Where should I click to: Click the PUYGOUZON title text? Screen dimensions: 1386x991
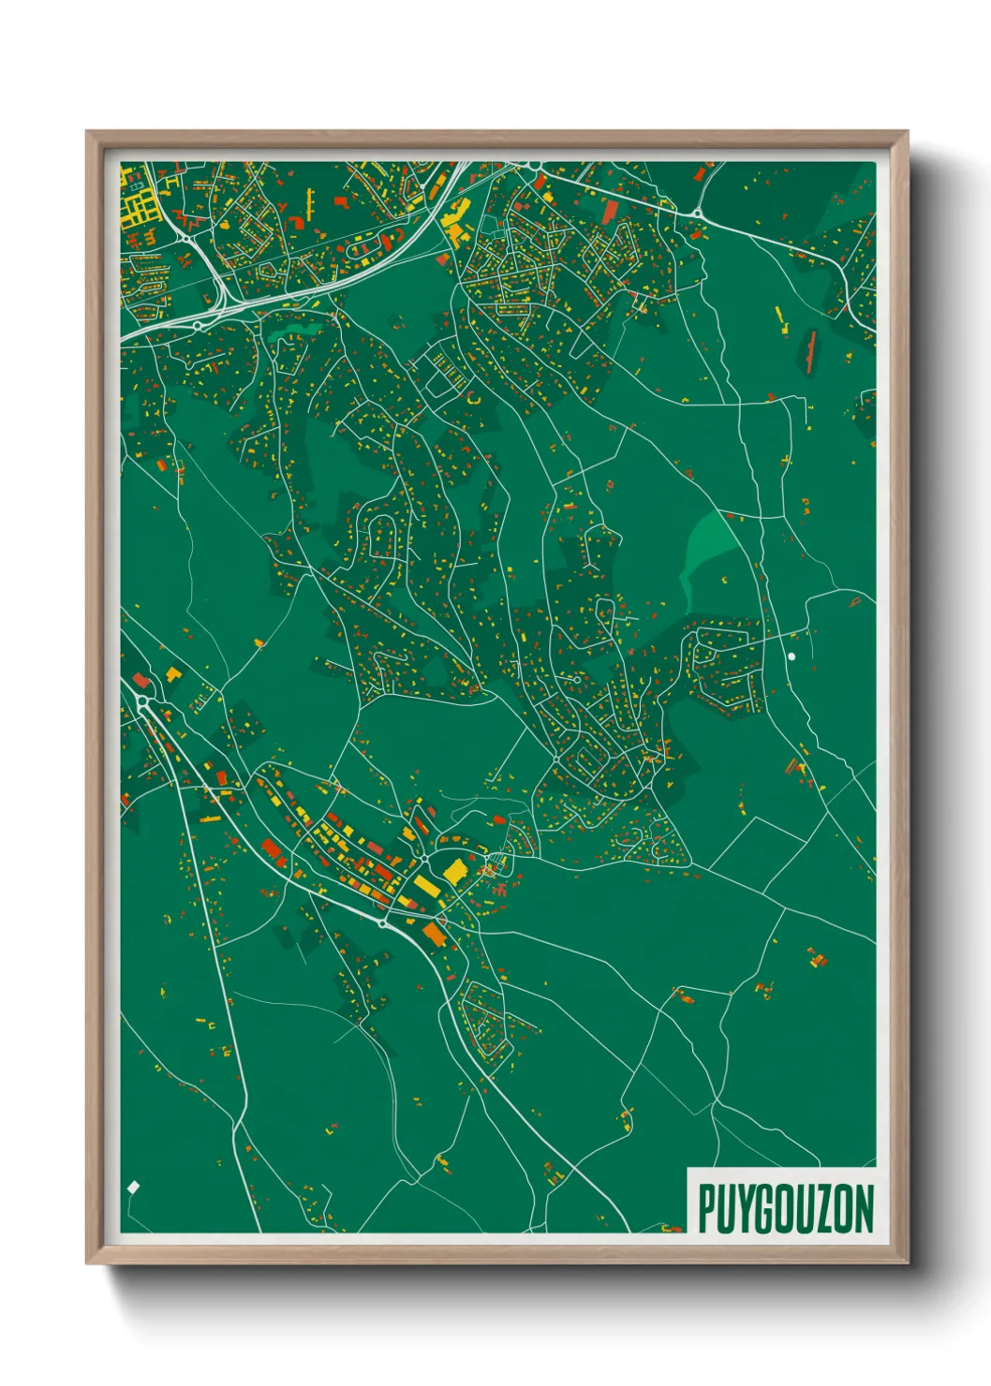[785, 1208]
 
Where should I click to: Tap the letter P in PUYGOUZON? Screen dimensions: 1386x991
[707, 1208]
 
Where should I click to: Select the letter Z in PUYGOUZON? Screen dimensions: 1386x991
[821, 1208]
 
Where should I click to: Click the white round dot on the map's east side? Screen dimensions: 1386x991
[791, 656]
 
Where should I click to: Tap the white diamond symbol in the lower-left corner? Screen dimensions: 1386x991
[133, 1187]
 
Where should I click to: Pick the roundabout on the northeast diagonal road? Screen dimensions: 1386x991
[698, 214]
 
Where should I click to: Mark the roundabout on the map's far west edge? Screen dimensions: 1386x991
[142, 700]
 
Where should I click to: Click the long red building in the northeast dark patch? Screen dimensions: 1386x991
[810, 352]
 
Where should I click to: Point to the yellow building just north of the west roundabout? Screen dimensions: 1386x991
[172, 673]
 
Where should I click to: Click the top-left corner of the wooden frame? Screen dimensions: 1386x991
[87, 132]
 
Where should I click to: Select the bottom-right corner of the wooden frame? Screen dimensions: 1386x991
[907, 1262]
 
